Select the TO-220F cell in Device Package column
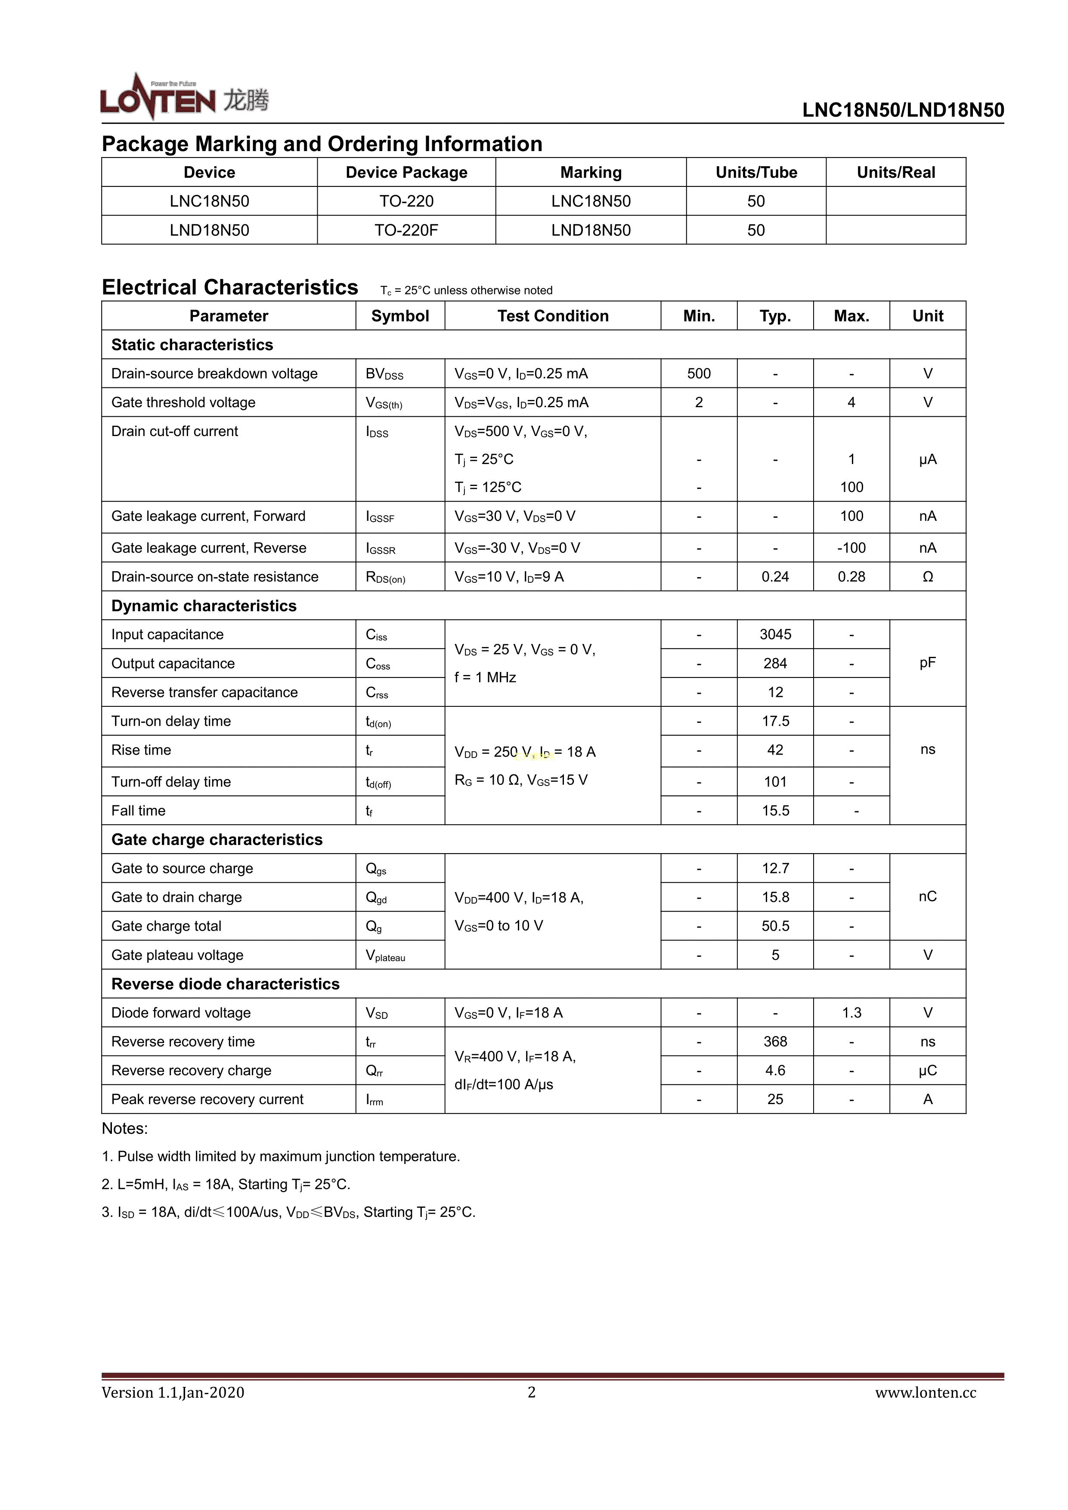[406, 230]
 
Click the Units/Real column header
[896, 172]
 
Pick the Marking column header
[591, 172]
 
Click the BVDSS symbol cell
[384, 374]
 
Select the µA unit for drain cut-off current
[927, 459]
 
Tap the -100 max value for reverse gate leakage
[851, 548]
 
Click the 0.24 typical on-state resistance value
[775, 577]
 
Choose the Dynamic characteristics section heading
[204, 606]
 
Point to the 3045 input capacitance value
[775, 634]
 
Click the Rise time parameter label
[141, 750]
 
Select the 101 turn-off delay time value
[775, 782]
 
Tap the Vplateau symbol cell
[385, 956]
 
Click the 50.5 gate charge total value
[775, 926]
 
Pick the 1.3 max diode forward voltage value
[851, 1013]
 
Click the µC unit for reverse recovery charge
[927, 1071]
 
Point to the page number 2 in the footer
[531, 1392]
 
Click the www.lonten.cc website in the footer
[925, 1392]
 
